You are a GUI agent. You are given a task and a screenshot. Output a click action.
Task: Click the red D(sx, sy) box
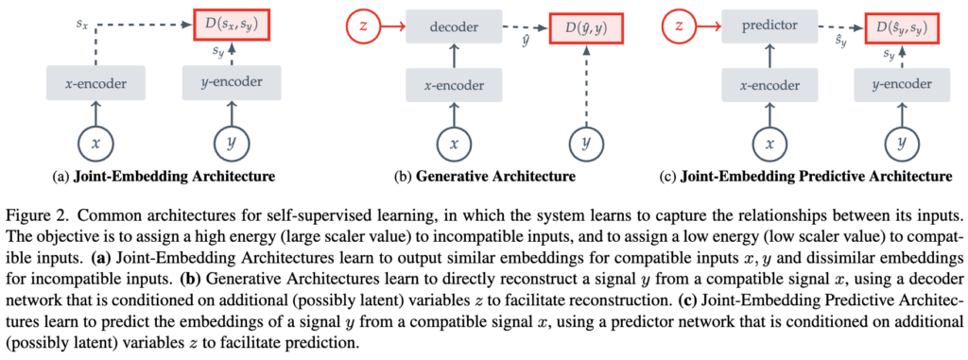(x=232, y=26)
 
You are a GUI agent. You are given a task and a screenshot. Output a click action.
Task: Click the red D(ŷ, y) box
(x=584, y=26)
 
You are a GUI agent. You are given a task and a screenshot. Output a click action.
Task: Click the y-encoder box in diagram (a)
(x=232, y=81)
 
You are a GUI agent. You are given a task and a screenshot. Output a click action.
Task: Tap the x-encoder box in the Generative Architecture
(x=455, y=86)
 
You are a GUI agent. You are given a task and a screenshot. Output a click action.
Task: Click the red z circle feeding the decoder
(x=364, y=26)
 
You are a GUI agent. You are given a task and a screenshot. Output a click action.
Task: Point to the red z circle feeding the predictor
(x=678, y=26)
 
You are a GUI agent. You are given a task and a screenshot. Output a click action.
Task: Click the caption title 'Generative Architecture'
(x=495, y=178)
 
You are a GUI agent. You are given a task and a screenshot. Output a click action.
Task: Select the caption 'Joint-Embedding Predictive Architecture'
(x=816, y=178)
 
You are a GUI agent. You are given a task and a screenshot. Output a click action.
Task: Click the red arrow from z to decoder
(x=392, y=26)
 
